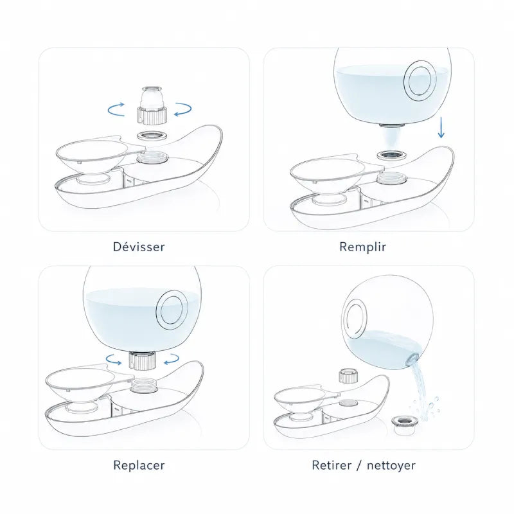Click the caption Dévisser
(139, 247)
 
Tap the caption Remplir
(362, 247)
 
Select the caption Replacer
(139, 465)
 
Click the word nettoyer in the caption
(391, 465)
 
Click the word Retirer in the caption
(332, 465)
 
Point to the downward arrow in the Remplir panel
(441, 127)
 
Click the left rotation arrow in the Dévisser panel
(116, 109)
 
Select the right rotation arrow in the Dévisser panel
(183, 109)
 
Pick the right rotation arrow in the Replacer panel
(171, 359)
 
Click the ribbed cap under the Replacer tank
(142, 360)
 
